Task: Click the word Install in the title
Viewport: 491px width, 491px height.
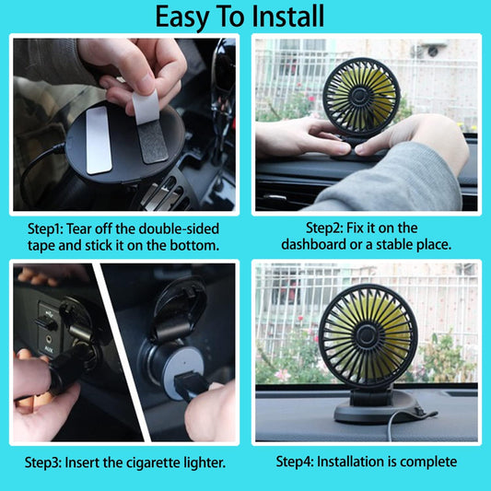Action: pyautogui.click(x=287, y=17)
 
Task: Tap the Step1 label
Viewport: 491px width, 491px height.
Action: pyautogui.click(x=45, y=229)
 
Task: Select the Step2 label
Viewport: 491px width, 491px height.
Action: pyautogui.click(x=324, y=228)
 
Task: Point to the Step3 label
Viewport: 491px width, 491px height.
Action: pyautogui.click(x=42, y=462)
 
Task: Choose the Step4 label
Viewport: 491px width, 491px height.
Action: pyautogui.click(x=295, y=462)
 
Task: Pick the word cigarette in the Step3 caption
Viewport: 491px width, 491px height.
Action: pyautogui.click(x=154, y=462)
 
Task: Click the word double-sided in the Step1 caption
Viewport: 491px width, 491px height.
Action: pyautogui.click(x=179, y=228)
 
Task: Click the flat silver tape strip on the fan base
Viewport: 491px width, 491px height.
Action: pyautogui.click(x=99, y=140)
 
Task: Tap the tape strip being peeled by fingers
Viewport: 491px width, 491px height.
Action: pyautogui.click(x=149, y=126)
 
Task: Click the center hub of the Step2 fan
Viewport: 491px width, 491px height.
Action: pyautogui.click(x=360, y=96)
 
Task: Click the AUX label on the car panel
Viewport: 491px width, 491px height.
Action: pyautogui.click(x=49, y=349)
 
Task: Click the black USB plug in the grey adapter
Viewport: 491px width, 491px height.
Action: pyautogui.click(x=188, y=386)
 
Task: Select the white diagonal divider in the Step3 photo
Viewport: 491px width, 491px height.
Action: pyautogui.click(x=123, y=352)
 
